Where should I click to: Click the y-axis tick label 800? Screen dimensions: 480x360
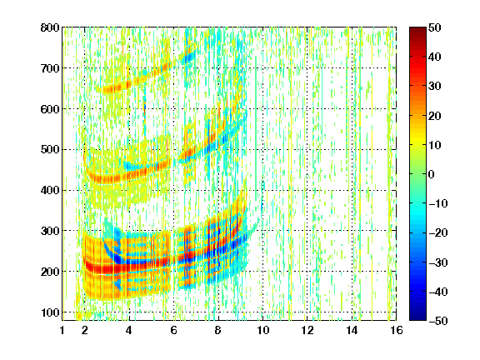tap(50, 27)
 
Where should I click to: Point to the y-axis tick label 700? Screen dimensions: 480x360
tap(50, 68)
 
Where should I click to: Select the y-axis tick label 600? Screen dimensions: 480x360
tap(50, 109)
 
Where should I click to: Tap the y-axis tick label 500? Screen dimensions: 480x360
tap(50, 150)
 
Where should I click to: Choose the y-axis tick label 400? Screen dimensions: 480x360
tap(50, 190)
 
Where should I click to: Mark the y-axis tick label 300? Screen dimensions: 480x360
tap(50, 231)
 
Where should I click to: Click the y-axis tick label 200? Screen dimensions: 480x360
tap(50, 272)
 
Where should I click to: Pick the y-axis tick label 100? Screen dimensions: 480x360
tap(50, 312)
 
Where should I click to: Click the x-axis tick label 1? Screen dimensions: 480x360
tap(62, 330)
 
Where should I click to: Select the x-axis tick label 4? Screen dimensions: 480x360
tap(129, 330)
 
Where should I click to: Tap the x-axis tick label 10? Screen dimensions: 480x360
tap(263, 330)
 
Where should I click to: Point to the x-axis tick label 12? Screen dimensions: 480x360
tap(307, 330)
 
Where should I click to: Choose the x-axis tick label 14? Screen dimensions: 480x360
tap(352, 330)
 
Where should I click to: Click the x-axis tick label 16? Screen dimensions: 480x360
tap(397, 330)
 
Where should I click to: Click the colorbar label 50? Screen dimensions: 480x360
tap(435, 27)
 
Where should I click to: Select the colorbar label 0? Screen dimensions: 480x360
tap(432, 174)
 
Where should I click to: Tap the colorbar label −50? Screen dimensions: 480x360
tap(438, 321)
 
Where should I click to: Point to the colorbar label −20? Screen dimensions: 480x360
tap(438, 232)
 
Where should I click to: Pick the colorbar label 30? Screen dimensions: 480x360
tap(435, 87)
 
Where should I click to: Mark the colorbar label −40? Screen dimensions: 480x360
tap(438, 292)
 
